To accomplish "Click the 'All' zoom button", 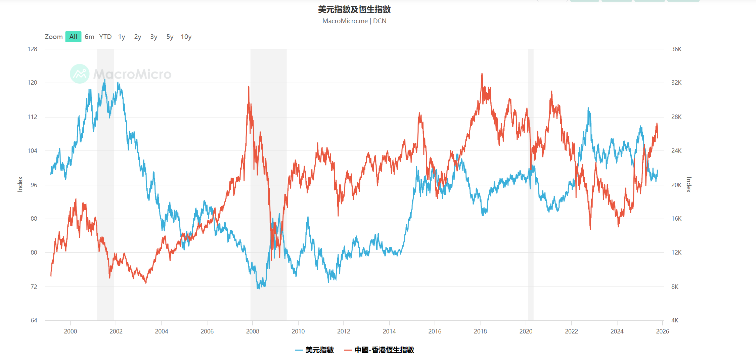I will [x=73, y=37].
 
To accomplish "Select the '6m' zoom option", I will [x=89, y=37].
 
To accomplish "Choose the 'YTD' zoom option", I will [x=105, y=37].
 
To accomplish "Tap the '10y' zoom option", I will [x=186, y=37].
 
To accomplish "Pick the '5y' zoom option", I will [x=170, y=37].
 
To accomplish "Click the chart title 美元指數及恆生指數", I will [x=354, y=9].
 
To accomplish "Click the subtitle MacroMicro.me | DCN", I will [x=354, y=21].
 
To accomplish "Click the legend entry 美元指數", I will [x=319, y=350].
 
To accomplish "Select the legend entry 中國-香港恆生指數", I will [x=384, y=350].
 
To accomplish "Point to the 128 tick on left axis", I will [x=32, y=49].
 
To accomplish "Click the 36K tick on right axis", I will [x=676, y=49].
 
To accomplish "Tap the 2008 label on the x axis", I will [x=253, y=331].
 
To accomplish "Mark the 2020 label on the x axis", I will [x=526, y=331].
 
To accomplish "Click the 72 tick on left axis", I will [x=34, y=287].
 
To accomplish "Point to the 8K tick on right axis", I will [x=675, y=287].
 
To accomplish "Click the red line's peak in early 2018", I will [x=482, y=74].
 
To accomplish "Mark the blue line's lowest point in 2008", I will [x=258, y=288].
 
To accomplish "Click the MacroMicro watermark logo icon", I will [x=80, y=74].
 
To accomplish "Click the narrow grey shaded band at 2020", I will [x=531, y=185].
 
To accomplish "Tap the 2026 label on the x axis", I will [x=662, y=331].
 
